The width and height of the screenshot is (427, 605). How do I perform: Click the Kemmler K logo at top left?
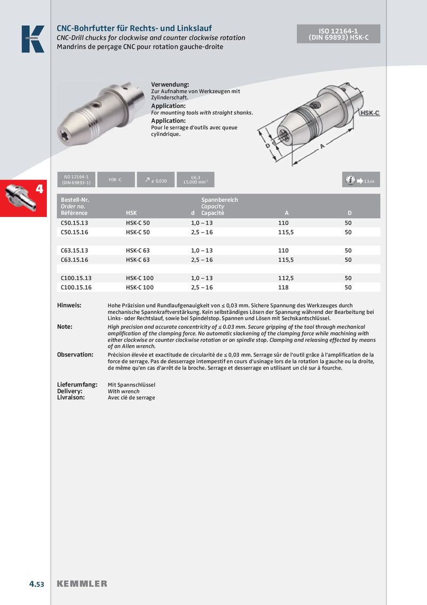[x=33, y=39]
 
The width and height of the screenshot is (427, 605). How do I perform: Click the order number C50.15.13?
[x=75, y=222]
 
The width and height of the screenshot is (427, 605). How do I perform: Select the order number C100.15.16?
[x=76, y=288]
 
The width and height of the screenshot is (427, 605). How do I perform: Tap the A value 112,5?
[x=286, y=278]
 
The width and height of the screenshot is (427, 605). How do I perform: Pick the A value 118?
[x=283, y=288]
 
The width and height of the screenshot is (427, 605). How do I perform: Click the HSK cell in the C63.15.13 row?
[x=138, y=251]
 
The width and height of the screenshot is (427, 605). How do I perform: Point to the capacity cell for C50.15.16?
[x=202, y=232]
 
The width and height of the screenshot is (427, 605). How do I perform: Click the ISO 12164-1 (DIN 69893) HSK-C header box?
[x=338, y=34]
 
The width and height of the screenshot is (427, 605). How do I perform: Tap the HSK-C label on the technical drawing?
[x=369, y=113]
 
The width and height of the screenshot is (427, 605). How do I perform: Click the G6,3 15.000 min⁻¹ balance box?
[x=195, y=180]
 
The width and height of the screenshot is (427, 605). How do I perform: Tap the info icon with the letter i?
[x=350, y=180]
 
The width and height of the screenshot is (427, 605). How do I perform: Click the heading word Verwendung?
[x=170, y=85]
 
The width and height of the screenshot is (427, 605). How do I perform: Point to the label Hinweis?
[x=69, y=305]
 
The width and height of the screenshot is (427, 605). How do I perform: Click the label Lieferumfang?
[x=77, y=385]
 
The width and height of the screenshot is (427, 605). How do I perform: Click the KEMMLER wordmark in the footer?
[x=82, y=584]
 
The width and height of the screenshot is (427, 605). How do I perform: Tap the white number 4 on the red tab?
[x=39, y=189]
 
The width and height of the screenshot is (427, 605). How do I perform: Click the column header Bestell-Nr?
[x=75, y=200]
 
